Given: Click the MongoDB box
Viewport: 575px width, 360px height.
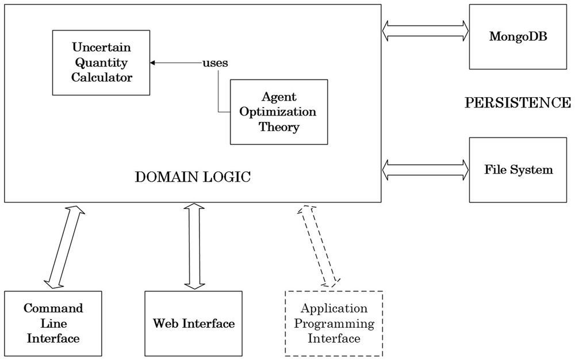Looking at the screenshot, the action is point(518,37).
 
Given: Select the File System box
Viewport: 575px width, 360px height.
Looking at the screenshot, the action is point(518,170).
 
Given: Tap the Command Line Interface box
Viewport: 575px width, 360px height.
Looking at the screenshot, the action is point(53,323).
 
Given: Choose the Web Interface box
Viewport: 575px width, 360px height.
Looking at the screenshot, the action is point(194,323).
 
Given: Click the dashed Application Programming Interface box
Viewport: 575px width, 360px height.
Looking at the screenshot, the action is point(334,323).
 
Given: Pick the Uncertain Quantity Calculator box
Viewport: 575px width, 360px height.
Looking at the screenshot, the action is point(101,63).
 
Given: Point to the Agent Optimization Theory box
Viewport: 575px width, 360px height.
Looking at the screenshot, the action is point(279,112).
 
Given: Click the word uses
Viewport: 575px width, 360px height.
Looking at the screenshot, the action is point(215,63).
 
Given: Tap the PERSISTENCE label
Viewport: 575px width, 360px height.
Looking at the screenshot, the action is point(518,102).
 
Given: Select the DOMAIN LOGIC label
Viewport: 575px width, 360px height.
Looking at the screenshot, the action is point(193,177).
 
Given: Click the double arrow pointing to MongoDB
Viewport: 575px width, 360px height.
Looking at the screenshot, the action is point(425,31).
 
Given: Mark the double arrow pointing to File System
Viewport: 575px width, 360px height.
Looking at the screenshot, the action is point(425,170).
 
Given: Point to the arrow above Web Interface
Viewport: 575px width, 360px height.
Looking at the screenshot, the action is point(194,246).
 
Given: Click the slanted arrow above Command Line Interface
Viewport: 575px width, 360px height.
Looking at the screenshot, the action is point(64,247).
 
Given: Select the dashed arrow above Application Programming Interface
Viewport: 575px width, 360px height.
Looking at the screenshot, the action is point(319,246).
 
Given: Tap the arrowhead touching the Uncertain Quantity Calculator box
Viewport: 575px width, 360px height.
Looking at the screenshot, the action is point(152,63).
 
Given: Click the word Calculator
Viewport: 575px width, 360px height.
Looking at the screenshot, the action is point(102,78).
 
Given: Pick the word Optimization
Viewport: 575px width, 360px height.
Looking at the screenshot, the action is point(278,112).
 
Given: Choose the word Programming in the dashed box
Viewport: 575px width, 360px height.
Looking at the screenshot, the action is point(334,324).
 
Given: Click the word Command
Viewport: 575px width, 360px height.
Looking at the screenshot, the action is point(53,308).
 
